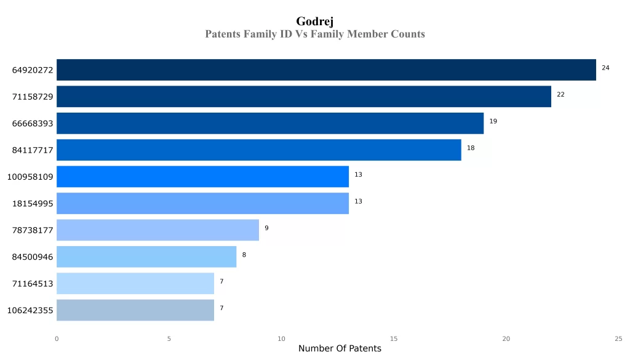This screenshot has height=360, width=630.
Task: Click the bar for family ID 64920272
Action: [x=326, y=70]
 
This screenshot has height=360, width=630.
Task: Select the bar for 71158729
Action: [x=304, y=97]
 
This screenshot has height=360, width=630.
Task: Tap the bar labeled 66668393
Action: [x=270, y=123]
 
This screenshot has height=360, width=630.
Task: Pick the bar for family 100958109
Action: [x=202, y=177]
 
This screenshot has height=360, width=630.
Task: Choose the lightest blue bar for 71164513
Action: [x=135, y=284]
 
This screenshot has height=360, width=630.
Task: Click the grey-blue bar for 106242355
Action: [x=135, y=310]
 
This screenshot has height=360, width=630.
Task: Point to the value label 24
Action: [x=605, y=68]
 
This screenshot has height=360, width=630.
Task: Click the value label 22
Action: [x=560, y=95]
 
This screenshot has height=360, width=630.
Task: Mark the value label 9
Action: [x=266, y=228]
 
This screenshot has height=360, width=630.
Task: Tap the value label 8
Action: [x=244, y=255]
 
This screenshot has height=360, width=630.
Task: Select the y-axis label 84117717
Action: [x=33, y=150]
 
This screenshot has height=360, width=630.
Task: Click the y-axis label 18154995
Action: [x=33, y=204]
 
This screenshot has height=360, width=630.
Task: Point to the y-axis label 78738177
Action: [x=33, y=231]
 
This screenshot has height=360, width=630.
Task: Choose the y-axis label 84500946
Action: [x=33, y=257]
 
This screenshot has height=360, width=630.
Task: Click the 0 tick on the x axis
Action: [x=57, y=338]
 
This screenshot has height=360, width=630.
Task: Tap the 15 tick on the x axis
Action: [x=394, y=338]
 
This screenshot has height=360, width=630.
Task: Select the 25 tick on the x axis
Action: [x=618, y=338]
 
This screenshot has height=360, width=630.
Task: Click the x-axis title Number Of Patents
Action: [x=340, y=349]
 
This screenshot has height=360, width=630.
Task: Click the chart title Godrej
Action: [x=314, y=22]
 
